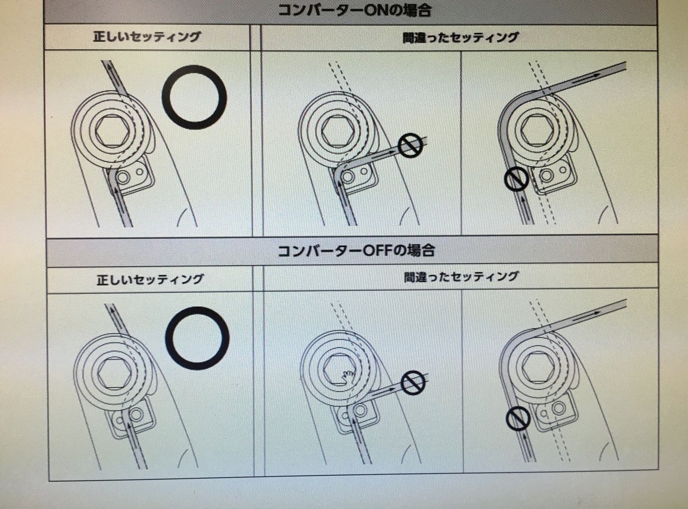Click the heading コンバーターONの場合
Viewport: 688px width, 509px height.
[x=355, y=10]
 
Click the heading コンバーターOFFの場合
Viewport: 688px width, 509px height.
[x=356, y=250]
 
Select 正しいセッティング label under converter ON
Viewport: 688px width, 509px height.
[x=146, y=37]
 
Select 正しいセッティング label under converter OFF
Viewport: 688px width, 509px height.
[x=150, y=279]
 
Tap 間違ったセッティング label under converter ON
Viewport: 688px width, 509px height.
[x=460, y=38]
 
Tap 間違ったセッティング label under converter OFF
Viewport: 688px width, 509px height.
[x=461, y=276]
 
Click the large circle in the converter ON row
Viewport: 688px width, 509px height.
[x=195, y=97]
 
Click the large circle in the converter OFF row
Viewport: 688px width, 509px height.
[x=197, y=338]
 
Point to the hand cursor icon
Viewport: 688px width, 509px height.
[x=348, y=375]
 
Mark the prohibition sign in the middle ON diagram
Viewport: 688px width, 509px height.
[x=410, y=146]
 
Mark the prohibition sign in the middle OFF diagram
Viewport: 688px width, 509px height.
[x=413, y=383]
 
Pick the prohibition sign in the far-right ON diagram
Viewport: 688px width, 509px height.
[x=516, y=178]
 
